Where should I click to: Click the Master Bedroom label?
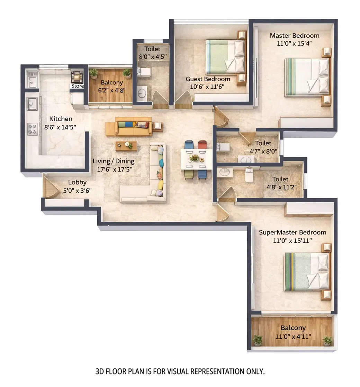(294, 36)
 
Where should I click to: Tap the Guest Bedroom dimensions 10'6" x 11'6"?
(208, 86)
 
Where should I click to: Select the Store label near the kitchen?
(77, 86)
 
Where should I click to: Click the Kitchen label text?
(61, 119)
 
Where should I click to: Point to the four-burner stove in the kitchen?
(32, 129)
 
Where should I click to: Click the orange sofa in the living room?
(133, 127)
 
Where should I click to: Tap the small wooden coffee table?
(126, 146)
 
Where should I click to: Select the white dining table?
(196, 159)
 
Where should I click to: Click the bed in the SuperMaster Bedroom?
(307, 271)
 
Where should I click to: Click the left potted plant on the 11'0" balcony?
(257, 339)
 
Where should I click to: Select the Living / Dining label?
(113, 161)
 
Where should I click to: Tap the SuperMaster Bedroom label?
(292, 232)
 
